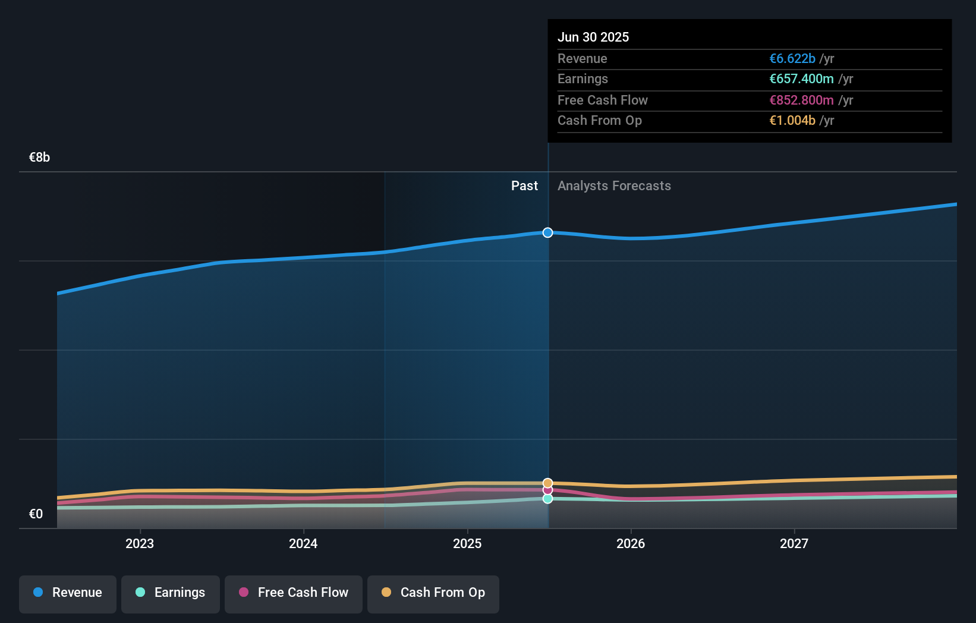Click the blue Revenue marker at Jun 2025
547,232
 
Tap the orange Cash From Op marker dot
547,483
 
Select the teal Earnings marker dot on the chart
547,499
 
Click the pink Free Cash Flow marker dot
547,490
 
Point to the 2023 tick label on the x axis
140,543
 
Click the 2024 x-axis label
303,543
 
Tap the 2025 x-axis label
467,543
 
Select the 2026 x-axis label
631,543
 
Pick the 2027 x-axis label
794,543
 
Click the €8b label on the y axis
39,158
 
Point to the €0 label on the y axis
36,514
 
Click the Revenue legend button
68,593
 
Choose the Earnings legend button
171,593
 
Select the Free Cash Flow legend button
294,593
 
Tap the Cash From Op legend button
433,593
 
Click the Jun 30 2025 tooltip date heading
593,37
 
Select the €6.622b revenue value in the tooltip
792,58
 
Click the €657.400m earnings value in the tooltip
801,78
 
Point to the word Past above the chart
524,186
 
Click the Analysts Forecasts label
614,186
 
